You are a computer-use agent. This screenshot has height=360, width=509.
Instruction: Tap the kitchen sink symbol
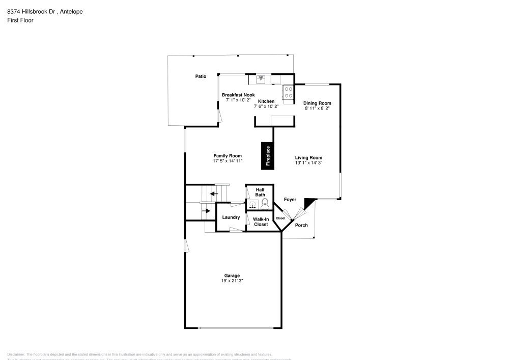pos(261,79)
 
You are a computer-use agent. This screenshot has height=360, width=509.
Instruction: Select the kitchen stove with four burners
pos(288,92)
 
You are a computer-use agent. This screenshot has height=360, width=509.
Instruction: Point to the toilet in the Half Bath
pos(265,205)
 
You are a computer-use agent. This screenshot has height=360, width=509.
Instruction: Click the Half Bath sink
pos(253,205)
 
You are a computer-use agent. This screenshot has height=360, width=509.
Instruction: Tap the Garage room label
pos(233,275)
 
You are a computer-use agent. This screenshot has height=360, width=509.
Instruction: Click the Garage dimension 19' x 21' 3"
pos(233,281)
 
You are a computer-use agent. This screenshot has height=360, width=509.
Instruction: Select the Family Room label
pos(227,156)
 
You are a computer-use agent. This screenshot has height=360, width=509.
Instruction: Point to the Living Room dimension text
pos(308,163)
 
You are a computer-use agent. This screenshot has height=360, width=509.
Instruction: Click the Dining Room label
pos(317,103)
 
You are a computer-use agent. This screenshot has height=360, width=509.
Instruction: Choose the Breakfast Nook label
pos(238,95)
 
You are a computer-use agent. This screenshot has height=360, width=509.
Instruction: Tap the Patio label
pos(201,76)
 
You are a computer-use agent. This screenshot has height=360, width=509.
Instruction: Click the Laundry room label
pos(231,217)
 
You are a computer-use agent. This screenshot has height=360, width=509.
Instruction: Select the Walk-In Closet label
pos(261,221)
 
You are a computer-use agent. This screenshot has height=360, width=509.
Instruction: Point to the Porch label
pos(301,225)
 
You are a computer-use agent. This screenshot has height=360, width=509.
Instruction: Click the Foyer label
pos(290,200)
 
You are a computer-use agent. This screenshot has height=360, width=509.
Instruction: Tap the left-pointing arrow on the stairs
pos(214,193)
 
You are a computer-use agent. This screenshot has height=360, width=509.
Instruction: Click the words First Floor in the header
pos(20,20)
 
